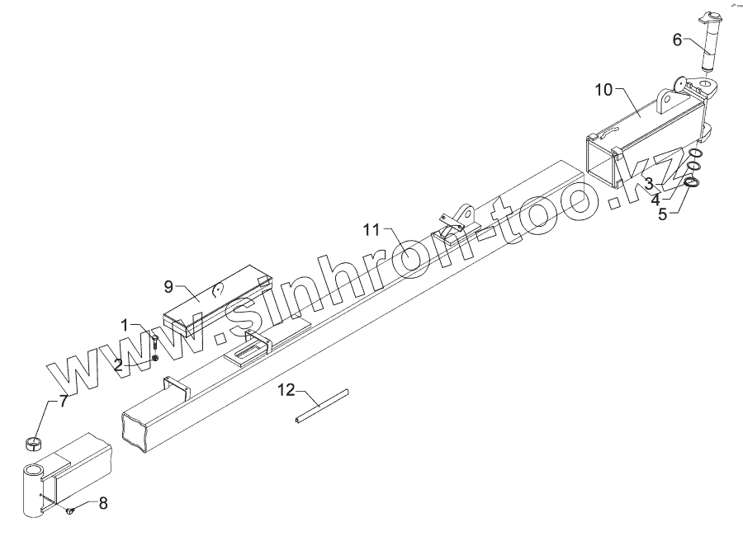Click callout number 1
(x=125, y=325)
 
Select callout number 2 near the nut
(x=119, y=364)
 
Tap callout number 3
(x=650, y=183)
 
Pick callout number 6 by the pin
(x=677, y=39)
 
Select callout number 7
(x=64, y=402)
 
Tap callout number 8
(x=103, y=502)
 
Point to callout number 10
(x=604, y=90)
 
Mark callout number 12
(x=285, y=389)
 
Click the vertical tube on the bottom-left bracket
(x=34, y=493)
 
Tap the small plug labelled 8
(x=69, y=512)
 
